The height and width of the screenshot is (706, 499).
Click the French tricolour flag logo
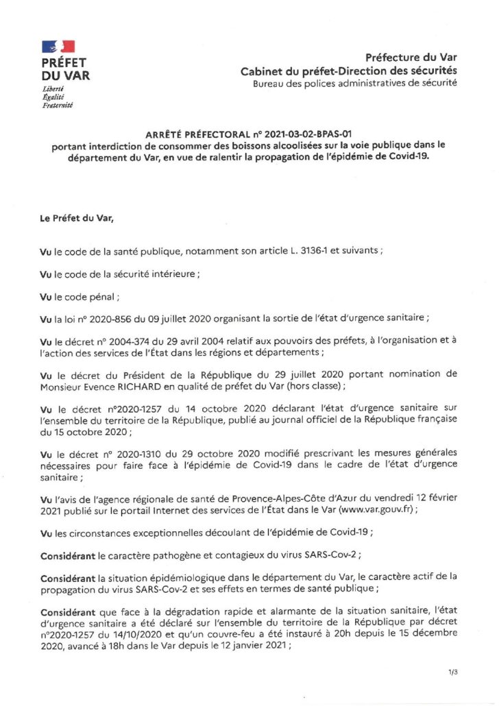58,47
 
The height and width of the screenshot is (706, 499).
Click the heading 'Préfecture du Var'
411,58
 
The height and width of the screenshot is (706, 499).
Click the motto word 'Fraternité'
57,105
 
